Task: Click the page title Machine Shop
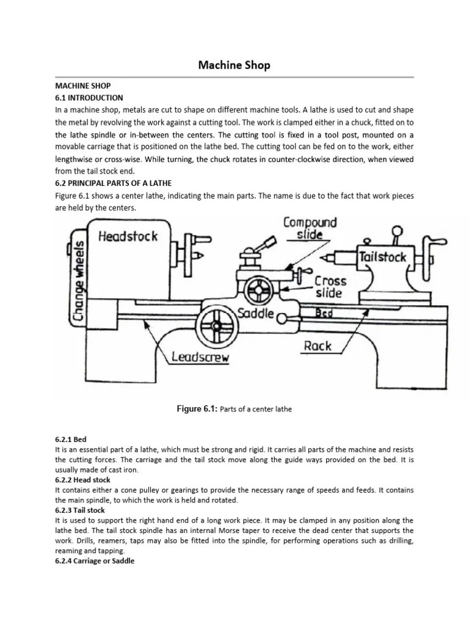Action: coord(234,64)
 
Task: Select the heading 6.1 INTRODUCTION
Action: coord(89,98)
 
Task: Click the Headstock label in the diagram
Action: coord(128,236)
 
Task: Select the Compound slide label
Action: coord(310,229)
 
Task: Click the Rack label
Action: coord(317,346)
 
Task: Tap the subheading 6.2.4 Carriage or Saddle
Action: coord(94,561)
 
